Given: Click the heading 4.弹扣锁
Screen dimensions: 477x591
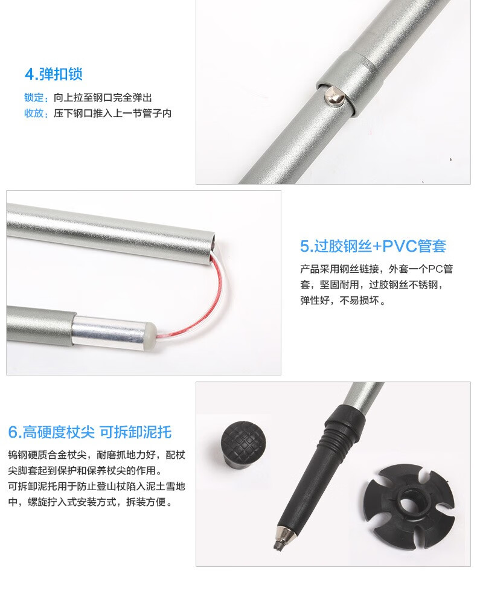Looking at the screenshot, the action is [54, 74].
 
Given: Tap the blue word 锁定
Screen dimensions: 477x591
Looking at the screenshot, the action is [34, 98].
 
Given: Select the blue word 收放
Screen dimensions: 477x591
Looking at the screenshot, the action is [34, 113].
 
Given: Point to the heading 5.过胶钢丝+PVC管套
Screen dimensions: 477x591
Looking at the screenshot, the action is [373, 246].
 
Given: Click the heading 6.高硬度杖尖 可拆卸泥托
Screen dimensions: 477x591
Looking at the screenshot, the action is [90, 432].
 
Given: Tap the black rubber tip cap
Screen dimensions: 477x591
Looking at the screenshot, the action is [243, 445].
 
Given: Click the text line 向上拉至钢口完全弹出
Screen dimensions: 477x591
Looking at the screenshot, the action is [103, 98].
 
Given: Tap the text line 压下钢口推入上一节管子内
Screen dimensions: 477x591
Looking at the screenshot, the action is [112, 113].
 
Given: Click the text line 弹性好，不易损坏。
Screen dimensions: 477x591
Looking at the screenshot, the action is [343, 301].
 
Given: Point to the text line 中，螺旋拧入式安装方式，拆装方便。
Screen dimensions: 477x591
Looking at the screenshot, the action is [91, 502].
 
